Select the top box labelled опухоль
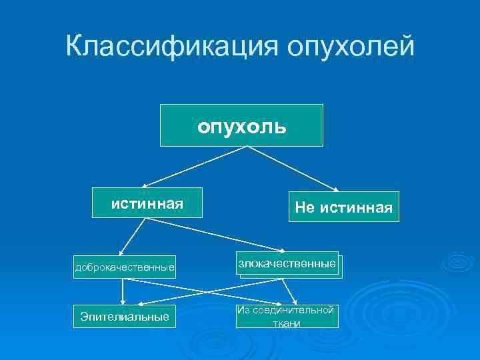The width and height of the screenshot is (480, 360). click(x=241, y=125)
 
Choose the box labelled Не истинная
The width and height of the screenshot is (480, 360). click(x=343, y=207)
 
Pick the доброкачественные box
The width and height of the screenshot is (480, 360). click(x=125, y=268)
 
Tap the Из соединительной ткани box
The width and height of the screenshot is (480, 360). click(x=287, y=317)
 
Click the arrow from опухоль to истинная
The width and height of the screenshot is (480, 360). click(x=193, y=166)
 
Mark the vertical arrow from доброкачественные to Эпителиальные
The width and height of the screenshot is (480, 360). click(x=123, y=291)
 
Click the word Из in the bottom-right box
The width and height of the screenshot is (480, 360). click(x=242, y=310)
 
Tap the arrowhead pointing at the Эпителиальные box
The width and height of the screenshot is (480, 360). click(x=123, y=301)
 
